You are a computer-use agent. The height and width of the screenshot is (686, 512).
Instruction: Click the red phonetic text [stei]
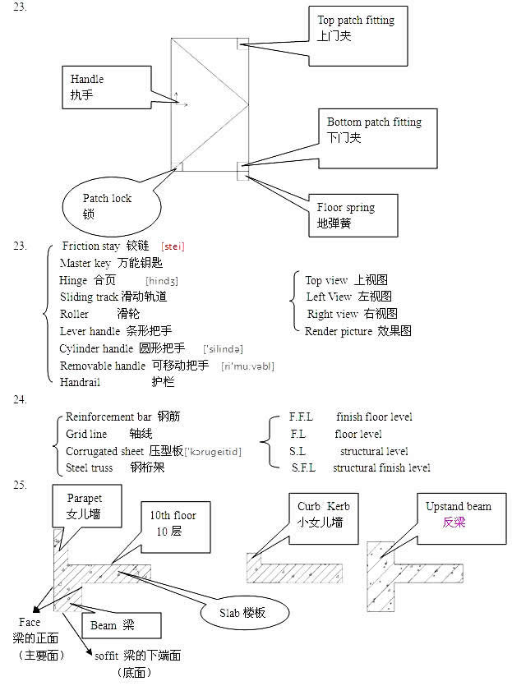click(x=173, y=246)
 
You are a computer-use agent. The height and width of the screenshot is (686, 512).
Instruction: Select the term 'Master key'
click(x=85, y=264)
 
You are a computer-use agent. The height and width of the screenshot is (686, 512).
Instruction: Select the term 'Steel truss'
click(x=90, y=467)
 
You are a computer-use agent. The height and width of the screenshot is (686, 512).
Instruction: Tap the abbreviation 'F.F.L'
click(x=301, y=417)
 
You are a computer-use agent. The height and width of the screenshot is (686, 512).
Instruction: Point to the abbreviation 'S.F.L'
click(x=303, y=467)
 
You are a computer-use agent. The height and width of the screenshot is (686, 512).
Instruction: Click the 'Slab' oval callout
click(x=242, y=613)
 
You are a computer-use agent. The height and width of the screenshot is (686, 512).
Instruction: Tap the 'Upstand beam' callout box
click(x=457, y=514)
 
